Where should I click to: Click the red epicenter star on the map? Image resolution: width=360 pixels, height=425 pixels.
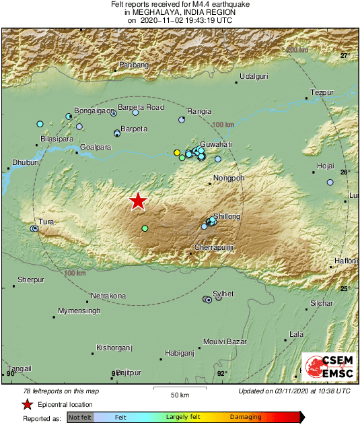138,201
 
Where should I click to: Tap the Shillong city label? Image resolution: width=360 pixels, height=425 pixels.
226,216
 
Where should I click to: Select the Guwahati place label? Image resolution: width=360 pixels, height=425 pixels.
215,144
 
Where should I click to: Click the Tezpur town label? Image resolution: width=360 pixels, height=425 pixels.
322,92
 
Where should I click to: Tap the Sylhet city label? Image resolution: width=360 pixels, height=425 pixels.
223,294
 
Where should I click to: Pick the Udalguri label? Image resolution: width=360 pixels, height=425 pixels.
254,76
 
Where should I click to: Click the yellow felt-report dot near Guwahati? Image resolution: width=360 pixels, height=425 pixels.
177,153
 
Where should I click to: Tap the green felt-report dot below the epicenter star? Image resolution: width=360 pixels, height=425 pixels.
145,229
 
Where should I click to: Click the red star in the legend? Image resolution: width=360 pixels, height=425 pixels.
27,404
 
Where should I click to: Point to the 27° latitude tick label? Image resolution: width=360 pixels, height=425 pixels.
345,56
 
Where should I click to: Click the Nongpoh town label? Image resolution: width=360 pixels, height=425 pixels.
227,178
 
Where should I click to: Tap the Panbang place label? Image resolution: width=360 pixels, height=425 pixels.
133,65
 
